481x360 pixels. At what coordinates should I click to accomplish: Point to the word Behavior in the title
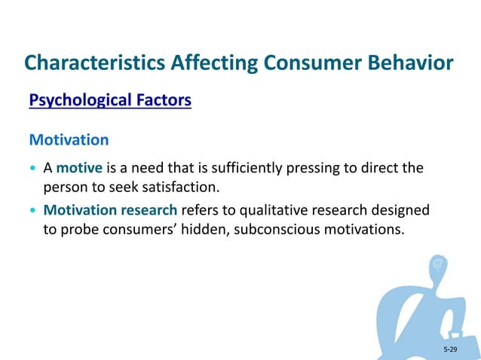pyautogui.click(x=409, y=63)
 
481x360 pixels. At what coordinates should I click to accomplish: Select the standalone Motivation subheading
pyautogui.click(x=69, y=140)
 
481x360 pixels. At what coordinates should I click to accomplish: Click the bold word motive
pyautogui.click(x=79, y=167)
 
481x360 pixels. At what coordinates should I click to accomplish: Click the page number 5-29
pyautogui.click(x=450, y=350)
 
